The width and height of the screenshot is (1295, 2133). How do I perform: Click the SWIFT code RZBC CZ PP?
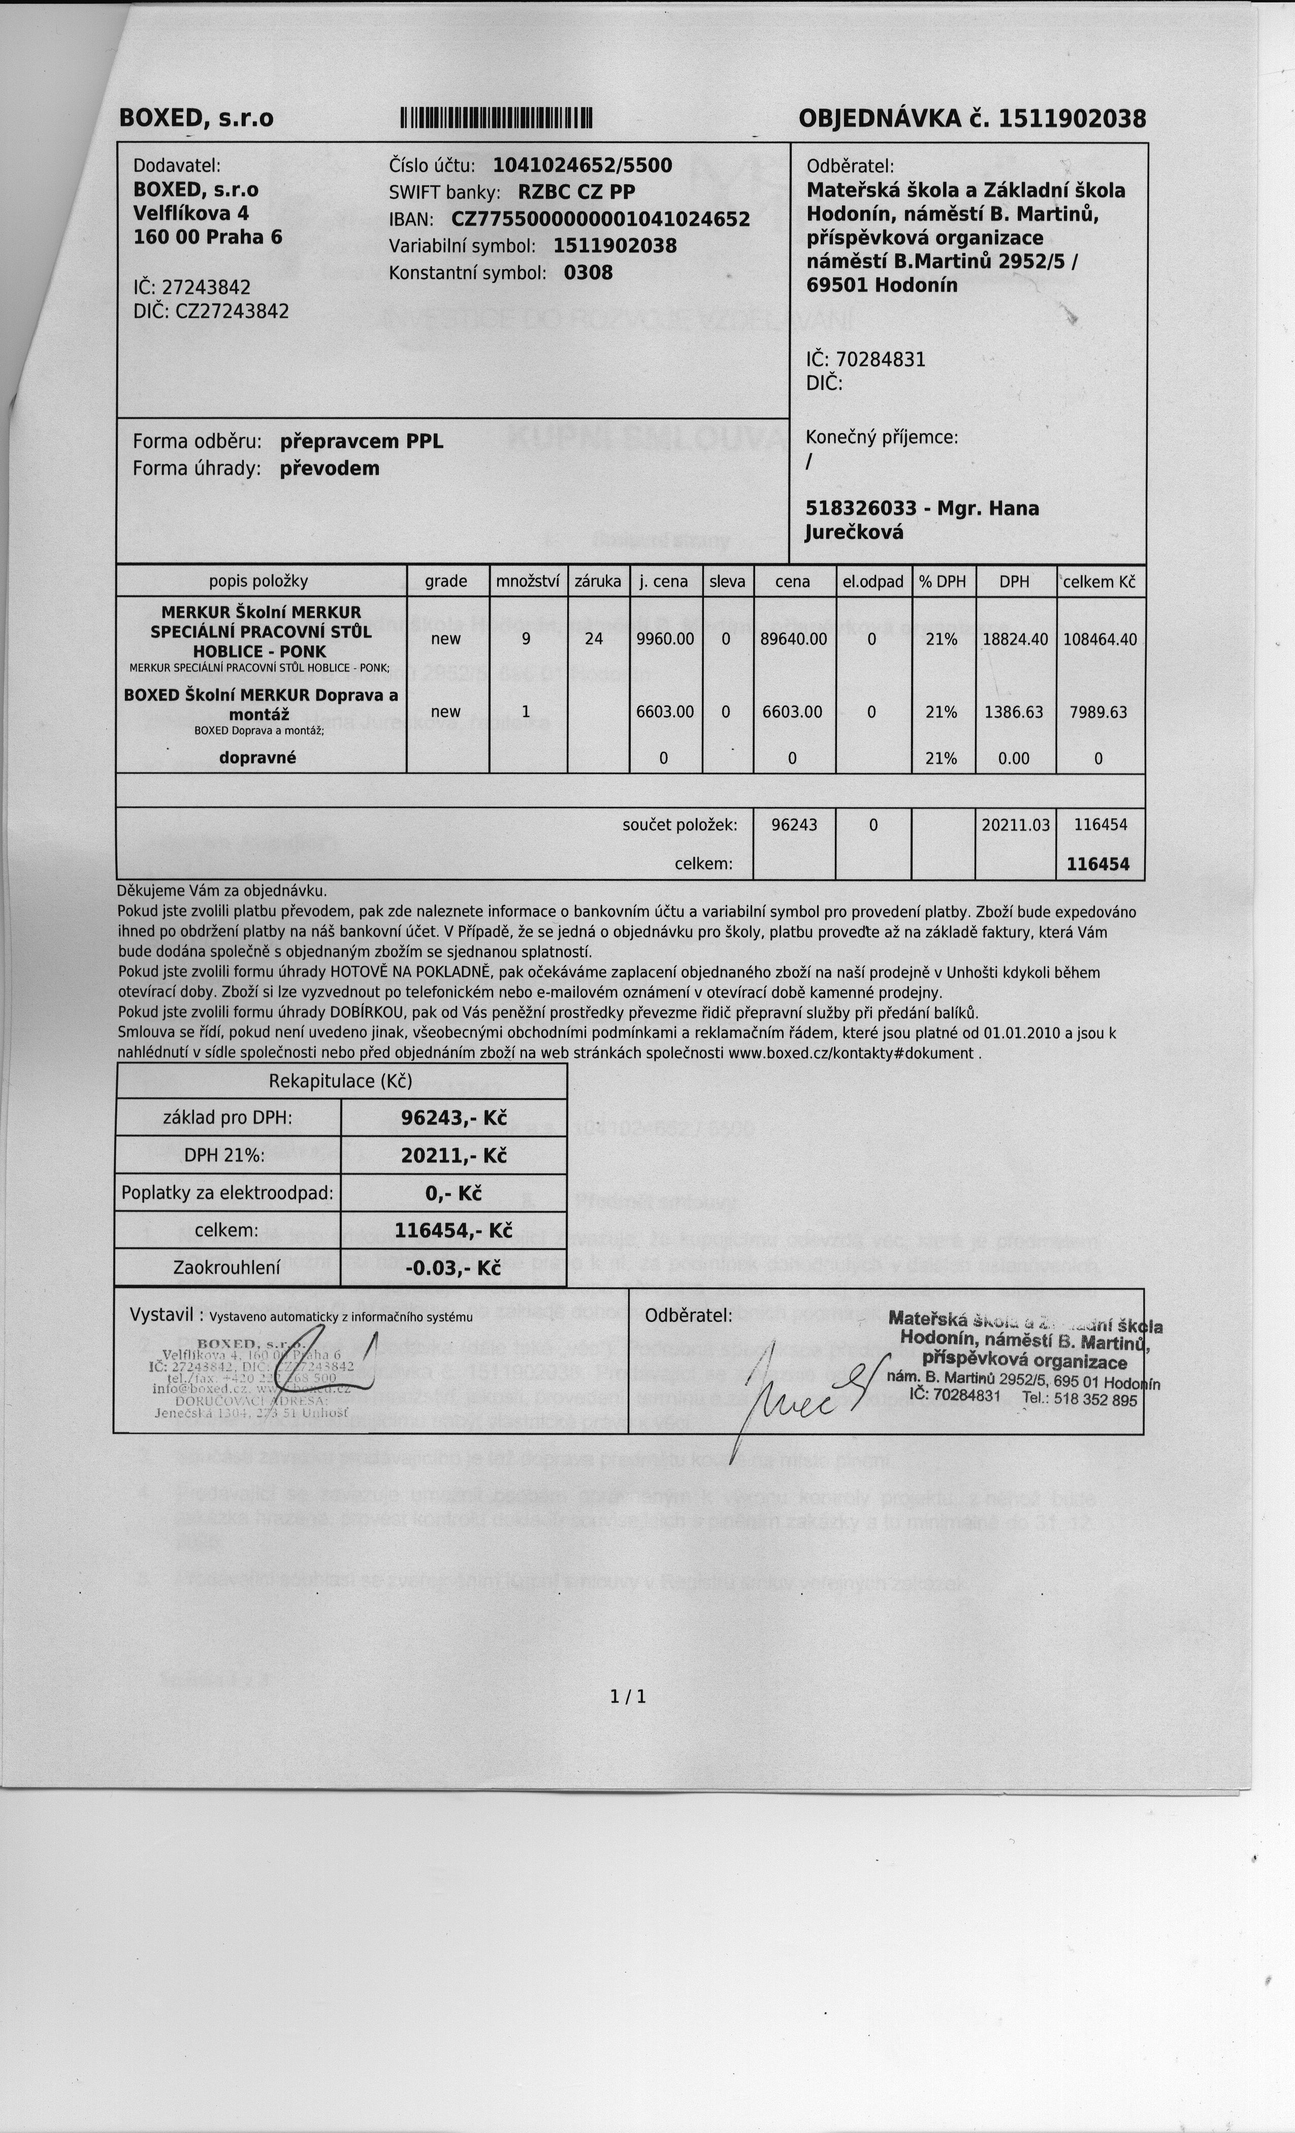point(576,192)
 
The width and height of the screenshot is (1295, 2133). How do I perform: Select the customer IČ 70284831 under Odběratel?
point(881,359)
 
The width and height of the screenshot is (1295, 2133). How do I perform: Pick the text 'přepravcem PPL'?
point(361,441)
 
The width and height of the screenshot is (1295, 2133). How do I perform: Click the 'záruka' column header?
point(597,581)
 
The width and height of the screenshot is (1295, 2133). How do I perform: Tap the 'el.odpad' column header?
point(872,581)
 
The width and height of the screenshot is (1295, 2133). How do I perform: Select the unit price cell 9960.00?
point(665,639)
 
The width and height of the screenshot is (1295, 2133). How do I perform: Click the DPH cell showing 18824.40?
point(1015,639)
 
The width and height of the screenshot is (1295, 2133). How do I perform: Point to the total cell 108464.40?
point(1099,639)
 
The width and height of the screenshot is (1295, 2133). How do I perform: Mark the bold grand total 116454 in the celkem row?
point(1097,864)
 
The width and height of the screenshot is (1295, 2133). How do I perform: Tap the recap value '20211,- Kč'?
point(454,1156)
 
